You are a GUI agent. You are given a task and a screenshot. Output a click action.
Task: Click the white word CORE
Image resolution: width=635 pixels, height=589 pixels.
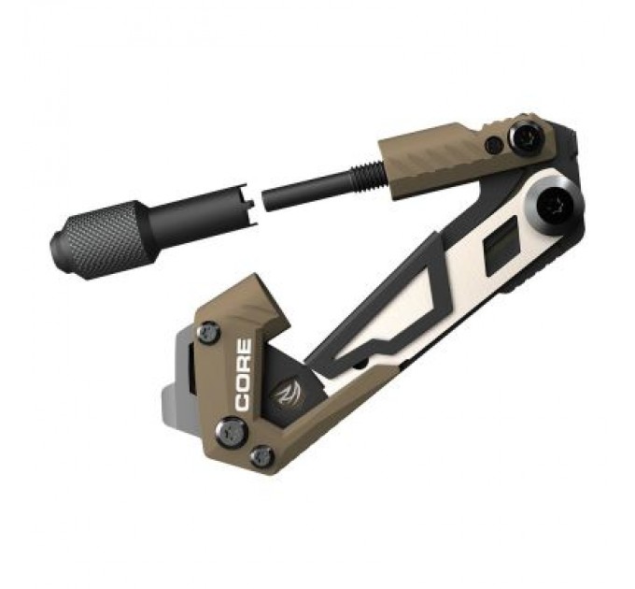[x=243, y=374]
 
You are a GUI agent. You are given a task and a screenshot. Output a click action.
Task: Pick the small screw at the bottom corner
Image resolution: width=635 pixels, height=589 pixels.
[x=262, y=456]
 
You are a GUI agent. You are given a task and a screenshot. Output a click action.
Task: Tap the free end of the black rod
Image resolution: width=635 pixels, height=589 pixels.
[x=268, y=199]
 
